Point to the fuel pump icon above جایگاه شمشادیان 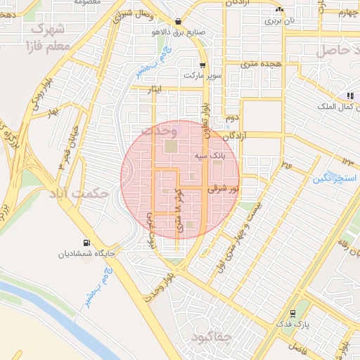click(x=86, y=241)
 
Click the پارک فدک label click(x=302, y=325)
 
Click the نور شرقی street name click(x=223, y=188)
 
